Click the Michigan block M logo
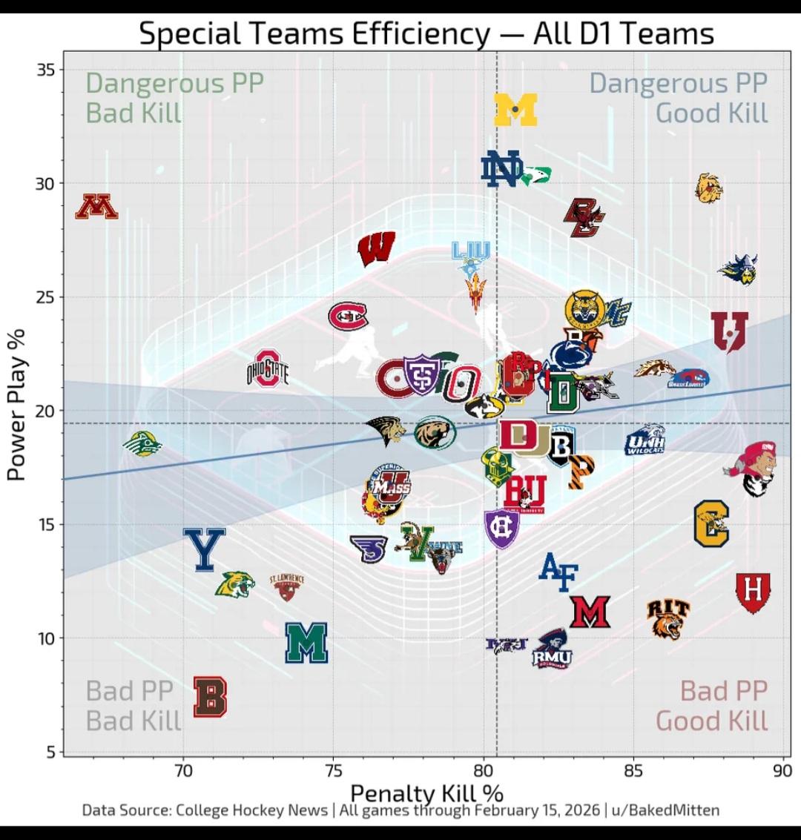click(x=515, y=110)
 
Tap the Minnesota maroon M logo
click(x=97, y=207)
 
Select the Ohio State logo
click(x=268, y=369)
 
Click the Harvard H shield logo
click(x=753, y=592)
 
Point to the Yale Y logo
click(x=204, y=549)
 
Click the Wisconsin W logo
click(x=376, y=248)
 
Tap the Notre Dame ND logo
click(x=501, y=169)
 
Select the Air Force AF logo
click(x=558, y=571)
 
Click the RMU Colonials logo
click(x=552, y=649)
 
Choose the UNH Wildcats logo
click(x=645, y=440)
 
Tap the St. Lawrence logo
click(x=287, y=586)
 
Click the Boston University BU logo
click(x=525, y=492)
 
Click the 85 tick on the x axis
click(x=633, y=771)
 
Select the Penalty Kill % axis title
click(x=426, y=794)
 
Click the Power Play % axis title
click(x=17, y=404)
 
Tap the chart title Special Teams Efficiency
click(x=426, y=33)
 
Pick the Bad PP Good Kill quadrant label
click(x=711, y=705)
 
